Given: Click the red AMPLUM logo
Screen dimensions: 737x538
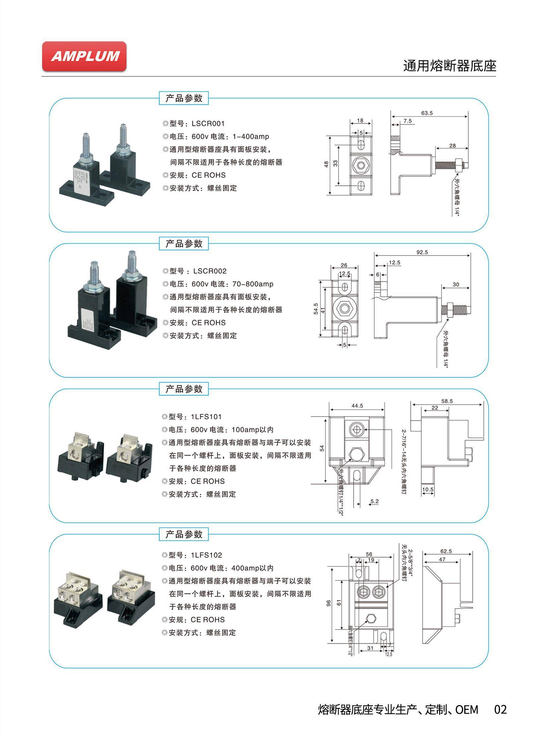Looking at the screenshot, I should point(84,56).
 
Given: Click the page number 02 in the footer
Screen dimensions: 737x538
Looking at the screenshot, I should point(500,710).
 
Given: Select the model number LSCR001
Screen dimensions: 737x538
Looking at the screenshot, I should point(208,124).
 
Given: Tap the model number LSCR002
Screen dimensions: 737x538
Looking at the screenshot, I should point(210,271).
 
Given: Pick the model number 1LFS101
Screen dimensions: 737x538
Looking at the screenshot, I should point(206,417).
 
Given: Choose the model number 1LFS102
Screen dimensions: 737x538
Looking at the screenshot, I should point(206,555).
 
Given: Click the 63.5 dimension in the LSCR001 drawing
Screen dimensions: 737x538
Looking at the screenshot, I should point(427,113).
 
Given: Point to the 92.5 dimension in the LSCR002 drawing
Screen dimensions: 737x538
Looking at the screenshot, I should point(422,252).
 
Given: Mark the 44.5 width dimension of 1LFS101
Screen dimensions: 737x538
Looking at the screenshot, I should point(357,406).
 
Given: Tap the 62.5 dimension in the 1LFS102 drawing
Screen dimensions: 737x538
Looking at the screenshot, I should point(446,551).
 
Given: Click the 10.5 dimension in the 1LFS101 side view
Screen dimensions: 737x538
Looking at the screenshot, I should point(428,490).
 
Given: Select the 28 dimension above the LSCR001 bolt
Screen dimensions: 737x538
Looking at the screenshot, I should point(452,145).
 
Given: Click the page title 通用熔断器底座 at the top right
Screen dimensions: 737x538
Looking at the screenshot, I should point(449,66).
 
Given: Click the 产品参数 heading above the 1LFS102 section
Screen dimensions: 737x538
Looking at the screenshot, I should point(184,534).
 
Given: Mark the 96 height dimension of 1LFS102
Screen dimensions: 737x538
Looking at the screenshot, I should point(329,603).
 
